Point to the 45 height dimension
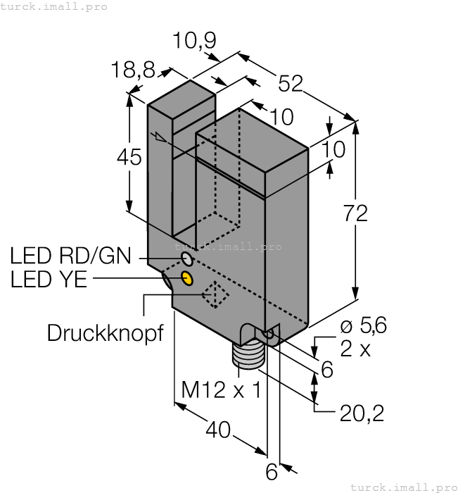click(x=129, y=158)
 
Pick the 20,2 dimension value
click(x=362, y=414)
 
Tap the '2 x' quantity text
click(x=355, y=349)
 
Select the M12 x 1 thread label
click(x=220, y=389)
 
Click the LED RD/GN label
click(x=70, y=255)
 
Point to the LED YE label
click(x=49, y=280)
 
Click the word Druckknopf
click(x=105, y=332)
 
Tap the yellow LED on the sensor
click(x=187, y=278)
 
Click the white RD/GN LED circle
click(x=186, y=257)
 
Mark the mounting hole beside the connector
click(x=268, y=333)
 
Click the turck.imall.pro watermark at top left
click(x=54, y=6)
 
